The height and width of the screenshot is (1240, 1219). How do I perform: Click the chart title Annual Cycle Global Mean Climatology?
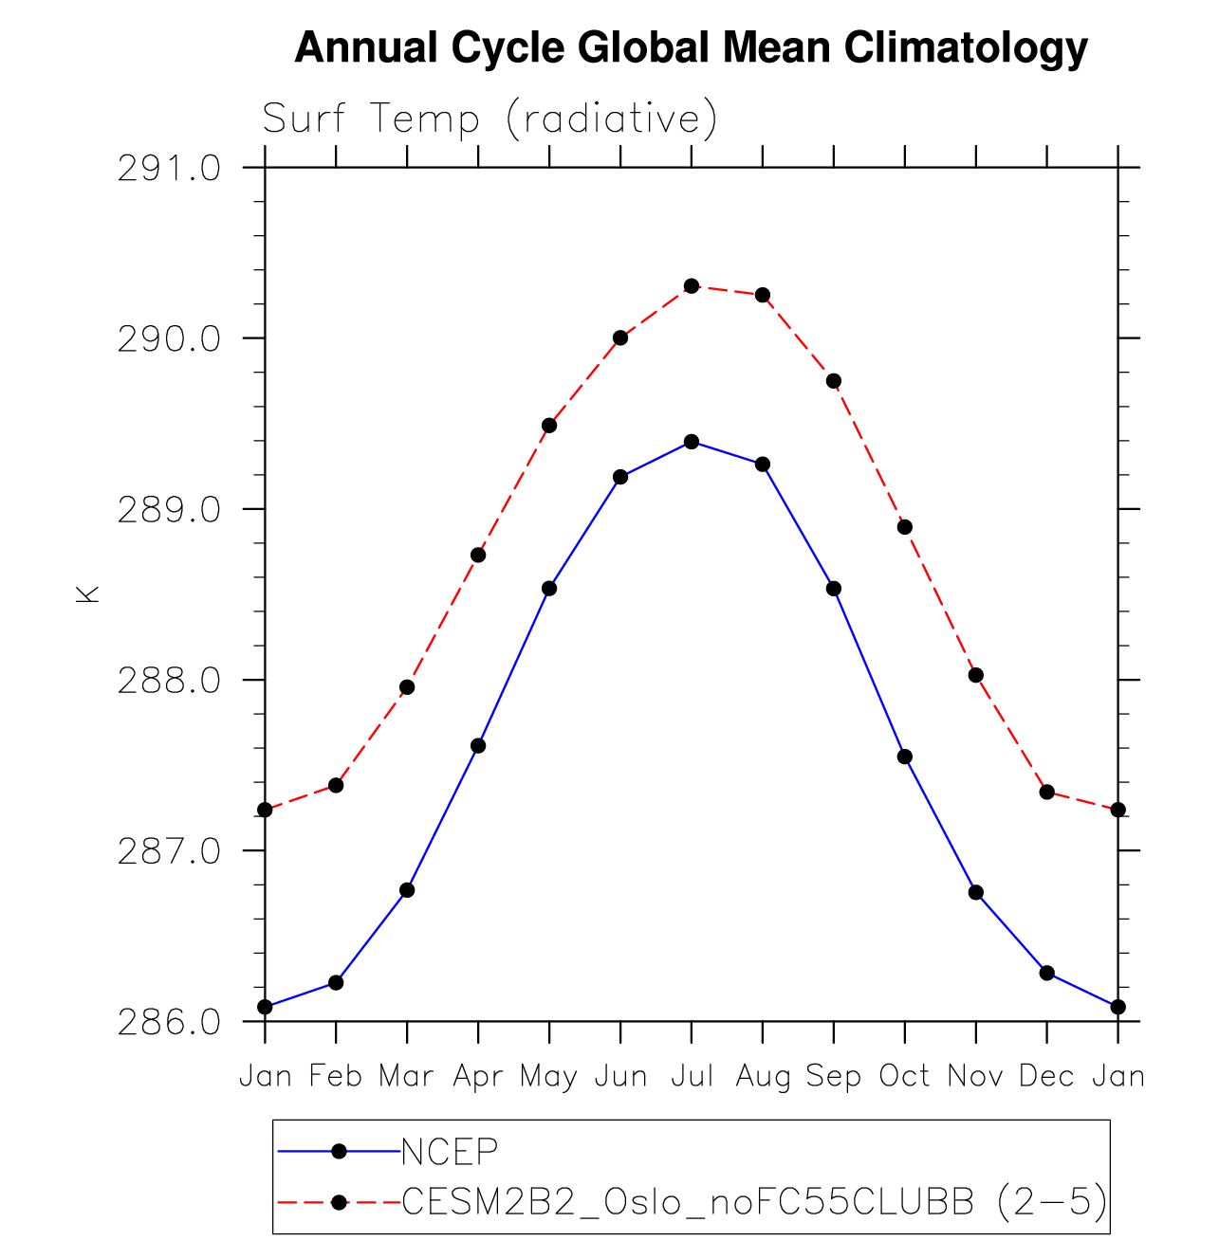(691, 47)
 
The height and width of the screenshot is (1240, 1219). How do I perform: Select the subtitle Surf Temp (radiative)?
(489, 119)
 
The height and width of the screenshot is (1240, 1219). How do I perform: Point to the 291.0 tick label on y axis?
(169, 169)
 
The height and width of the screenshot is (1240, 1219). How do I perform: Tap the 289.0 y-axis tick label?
(169, 510)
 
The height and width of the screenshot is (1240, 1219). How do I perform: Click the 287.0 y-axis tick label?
(169, 851)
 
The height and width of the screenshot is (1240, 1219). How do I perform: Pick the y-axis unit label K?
(87, 595)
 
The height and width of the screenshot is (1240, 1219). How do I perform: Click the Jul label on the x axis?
(692, 1077)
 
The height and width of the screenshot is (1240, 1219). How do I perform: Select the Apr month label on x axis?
(477, 1077)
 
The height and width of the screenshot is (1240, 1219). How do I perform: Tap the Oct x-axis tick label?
(904, 1077)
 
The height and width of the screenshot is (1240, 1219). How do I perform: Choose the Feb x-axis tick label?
(336, 1077)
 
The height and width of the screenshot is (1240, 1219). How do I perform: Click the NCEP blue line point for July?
(692, 442)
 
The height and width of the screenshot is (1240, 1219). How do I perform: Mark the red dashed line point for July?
(692, 285)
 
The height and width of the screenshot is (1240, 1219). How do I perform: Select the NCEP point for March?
(407, 890)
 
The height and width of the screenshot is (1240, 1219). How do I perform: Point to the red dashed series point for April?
(478, 555)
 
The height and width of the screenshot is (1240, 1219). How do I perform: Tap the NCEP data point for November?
(975, 892)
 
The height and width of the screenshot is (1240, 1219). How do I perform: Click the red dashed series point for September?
(834, 381)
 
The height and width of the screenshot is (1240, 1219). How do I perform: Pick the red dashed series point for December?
(1047, 792)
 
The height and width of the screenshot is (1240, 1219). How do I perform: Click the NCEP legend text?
(450, 1152)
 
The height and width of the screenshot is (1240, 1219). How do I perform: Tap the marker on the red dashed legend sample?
(338, 1203)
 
